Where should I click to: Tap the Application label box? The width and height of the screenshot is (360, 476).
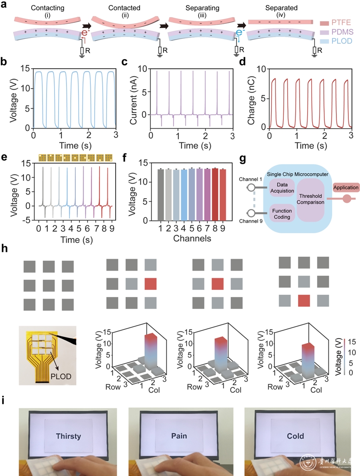coord(345,187)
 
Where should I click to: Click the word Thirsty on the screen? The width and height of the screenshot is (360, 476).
coord(69,436)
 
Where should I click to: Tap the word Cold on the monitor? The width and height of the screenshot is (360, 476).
coord(295,436)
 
